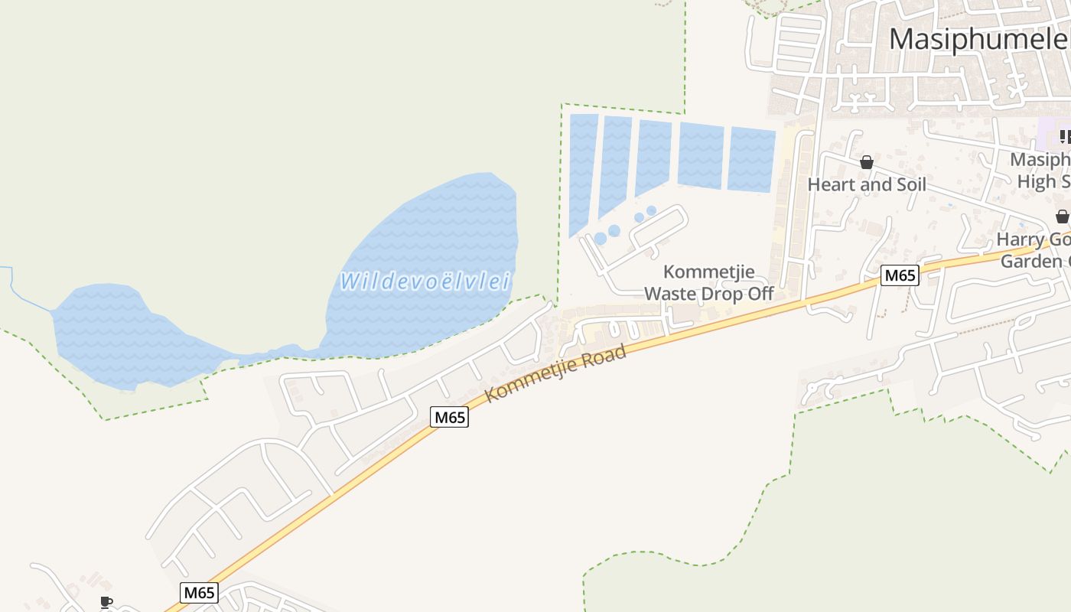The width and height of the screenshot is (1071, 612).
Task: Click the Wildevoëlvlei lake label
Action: coord(425,281)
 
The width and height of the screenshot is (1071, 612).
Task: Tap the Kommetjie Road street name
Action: coord(556,373)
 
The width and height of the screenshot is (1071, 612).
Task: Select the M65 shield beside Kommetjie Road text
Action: coord(449,417)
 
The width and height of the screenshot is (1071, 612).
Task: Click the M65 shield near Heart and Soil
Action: coord(899,275)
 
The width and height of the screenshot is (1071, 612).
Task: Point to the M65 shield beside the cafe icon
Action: coord(200,592)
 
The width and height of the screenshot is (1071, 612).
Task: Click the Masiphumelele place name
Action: coord(978,39)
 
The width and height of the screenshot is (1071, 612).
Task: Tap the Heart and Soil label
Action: coord(867,184)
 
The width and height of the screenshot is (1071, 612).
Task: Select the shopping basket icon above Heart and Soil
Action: coord(867,162)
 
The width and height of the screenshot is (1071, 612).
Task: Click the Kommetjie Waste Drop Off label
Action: coord(709,282)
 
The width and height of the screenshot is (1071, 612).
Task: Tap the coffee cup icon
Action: coord(106,603)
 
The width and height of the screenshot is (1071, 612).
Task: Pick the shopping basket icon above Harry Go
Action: coord(1062,216)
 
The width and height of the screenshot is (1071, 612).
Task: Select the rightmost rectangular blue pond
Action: coord(751,159)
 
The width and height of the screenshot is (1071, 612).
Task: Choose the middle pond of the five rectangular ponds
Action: coord(653,156)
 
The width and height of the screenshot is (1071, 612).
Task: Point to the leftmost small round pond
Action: coord(601,239)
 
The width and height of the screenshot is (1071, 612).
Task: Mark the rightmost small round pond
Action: coord(651,210)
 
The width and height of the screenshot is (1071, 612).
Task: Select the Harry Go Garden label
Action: coord(1034,250)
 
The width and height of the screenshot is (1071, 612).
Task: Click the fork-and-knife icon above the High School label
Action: coord(1065,136)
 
